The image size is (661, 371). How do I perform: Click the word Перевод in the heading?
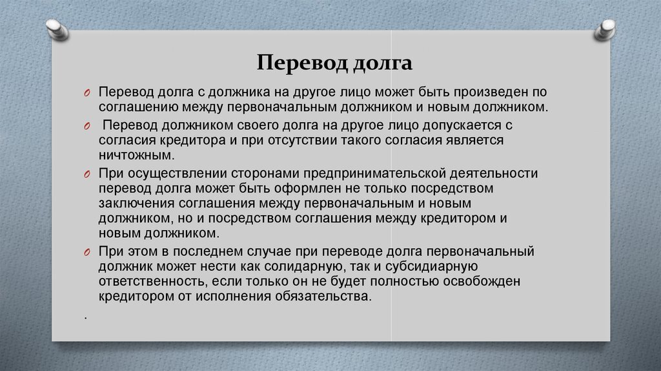(302, 63)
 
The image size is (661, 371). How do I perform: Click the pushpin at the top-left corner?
(57, 30)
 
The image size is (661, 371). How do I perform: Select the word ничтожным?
(136, 155)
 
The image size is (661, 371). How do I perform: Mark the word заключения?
(137, 204)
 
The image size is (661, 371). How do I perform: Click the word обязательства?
(324, 296)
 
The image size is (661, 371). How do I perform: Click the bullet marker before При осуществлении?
(87, 175)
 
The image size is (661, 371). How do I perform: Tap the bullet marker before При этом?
(87, 253)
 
